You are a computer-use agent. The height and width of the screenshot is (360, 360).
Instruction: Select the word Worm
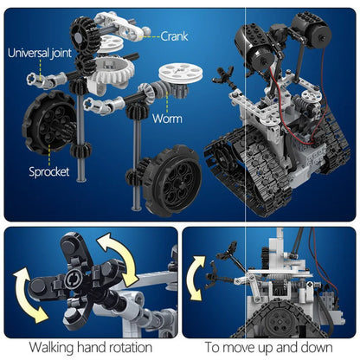click(x=169, y=118)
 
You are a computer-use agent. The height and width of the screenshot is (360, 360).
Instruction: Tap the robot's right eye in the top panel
click(x=309, y=32)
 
